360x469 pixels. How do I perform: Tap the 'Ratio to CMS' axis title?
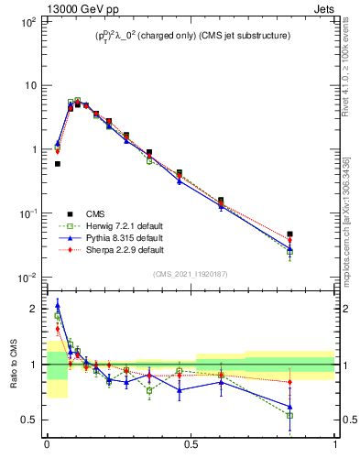[x=14, y=365]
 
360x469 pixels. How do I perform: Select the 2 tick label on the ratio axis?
[x=33, y=310]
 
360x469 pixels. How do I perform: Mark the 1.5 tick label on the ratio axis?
[x=30, y=337]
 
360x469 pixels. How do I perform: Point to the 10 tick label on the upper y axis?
[x=30, y=85]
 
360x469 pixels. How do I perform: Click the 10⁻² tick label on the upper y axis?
[x=27, y=278]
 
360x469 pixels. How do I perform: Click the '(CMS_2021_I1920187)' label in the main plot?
[x=191, y=274]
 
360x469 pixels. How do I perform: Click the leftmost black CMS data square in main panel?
[x=58, y=164]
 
